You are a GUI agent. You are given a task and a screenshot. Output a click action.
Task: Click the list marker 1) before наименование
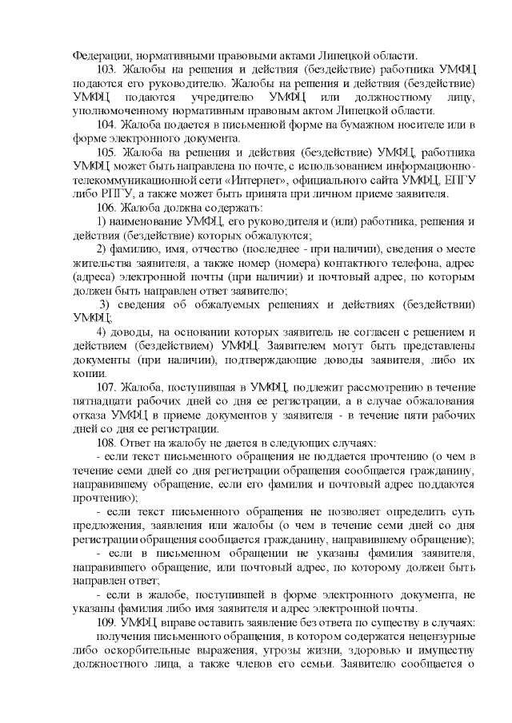point(102,220)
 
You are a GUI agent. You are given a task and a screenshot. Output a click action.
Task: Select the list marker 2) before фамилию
point(102,248)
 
